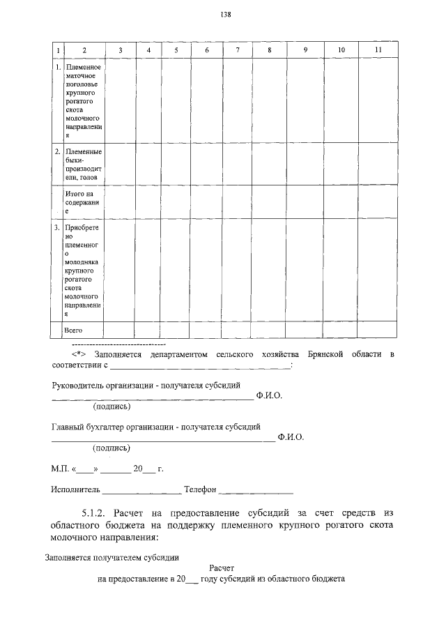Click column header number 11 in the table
tap(378, 50)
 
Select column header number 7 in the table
tap(238, 50)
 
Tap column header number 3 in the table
tap(121, 50)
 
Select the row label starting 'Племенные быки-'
tap(83, 165)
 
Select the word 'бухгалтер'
tap(115, 426)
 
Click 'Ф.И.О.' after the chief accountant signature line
tap(290, 438)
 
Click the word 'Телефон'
tap(201, 489)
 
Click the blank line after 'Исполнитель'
tap(142, 491)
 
